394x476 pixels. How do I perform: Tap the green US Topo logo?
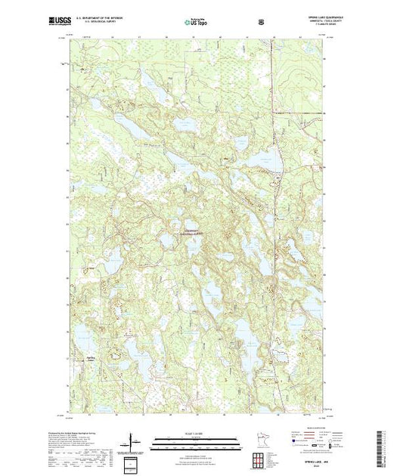coord(197,22)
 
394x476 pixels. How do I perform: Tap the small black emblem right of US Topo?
coord(261,22)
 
